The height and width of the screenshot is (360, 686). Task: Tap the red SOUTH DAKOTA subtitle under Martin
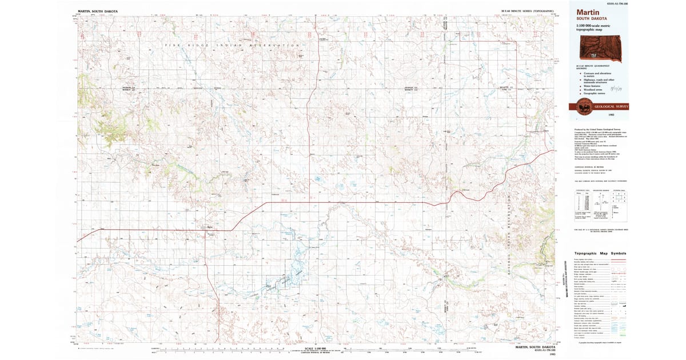pos(592,18)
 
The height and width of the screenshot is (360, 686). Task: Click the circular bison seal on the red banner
pos(584,106)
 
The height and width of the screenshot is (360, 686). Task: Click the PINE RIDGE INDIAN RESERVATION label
pos(229,45)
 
